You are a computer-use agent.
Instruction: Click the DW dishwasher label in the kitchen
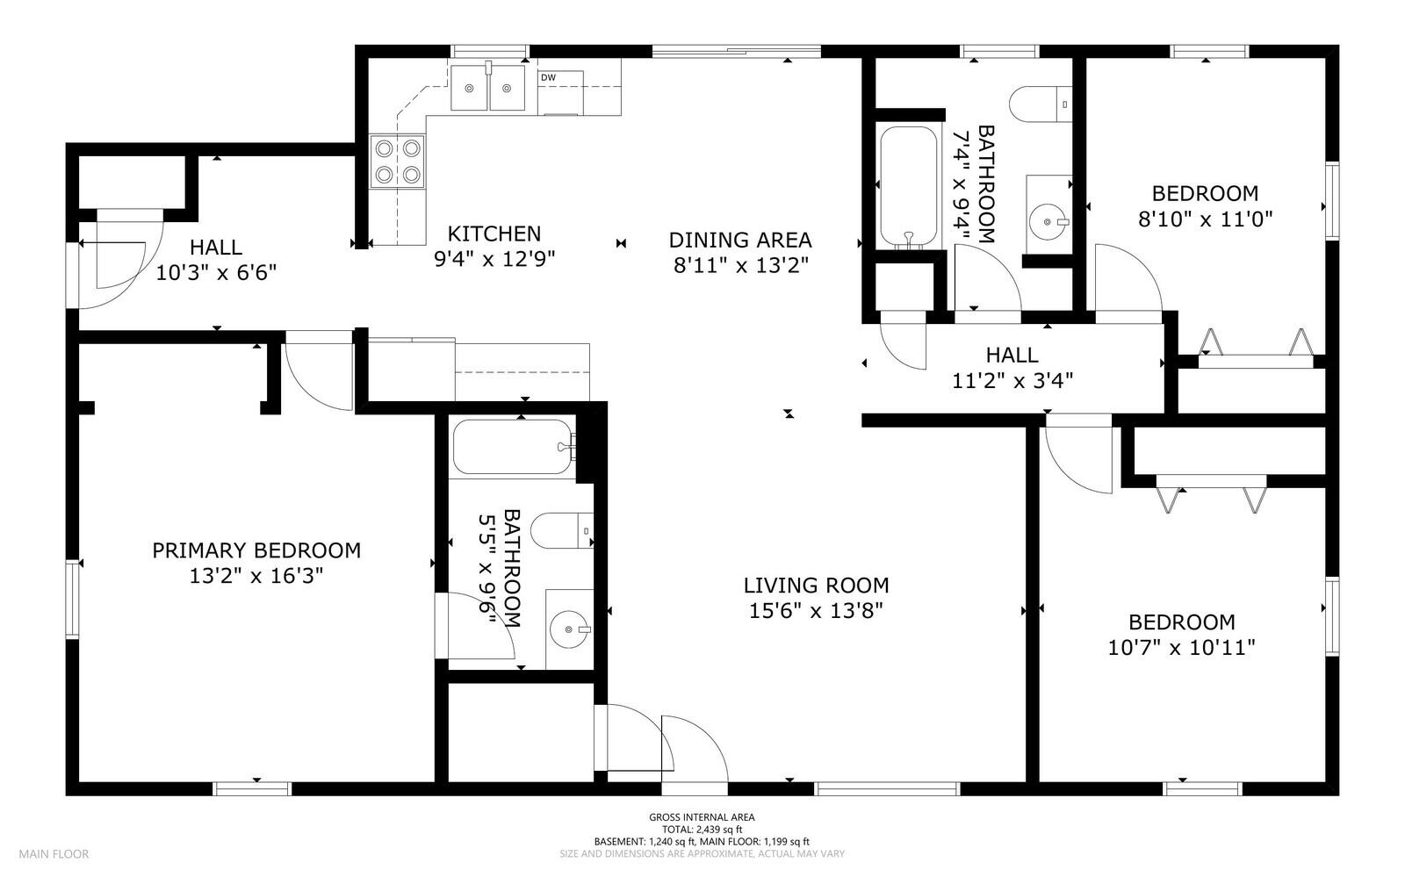548,78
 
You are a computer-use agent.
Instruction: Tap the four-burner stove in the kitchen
397,161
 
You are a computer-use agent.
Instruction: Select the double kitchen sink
488,87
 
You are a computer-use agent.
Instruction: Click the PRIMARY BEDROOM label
256,550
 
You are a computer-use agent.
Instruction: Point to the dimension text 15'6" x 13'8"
816,611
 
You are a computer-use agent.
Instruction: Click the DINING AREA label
740,240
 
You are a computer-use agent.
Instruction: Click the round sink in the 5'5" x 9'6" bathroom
570,629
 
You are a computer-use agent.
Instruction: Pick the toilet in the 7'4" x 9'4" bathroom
1041,104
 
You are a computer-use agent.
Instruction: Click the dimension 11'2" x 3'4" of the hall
1012,381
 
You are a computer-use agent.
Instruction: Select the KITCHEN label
494,234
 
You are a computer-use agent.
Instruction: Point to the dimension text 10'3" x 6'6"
216,273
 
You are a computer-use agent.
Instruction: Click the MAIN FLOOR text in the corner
54,853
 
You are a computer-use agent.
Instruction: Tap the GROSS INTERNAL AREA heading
702,817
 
